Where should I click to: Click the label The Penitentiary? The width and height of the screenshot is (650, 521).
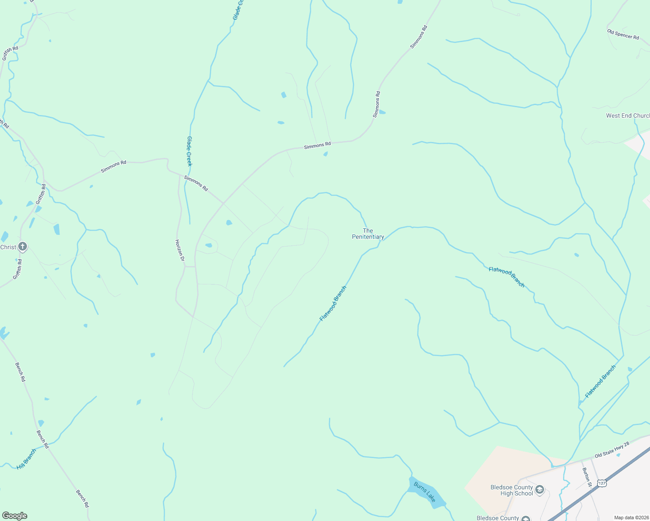point(368,234)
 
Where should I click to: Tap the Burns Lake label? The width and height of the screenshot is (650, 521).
point(424,491)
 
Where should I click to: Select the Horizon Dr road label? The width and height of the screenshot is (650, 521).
point(180,250)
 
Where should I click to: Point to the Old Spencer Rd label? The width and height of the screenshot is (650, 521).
point(623,34)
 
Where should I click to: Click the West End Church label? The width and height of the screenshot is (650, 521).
point(628,115)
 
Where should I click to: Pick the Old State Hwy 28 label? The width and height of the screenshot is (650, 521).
point(612,449)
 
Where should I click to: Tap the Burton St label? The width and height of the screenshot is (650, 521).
point(587,477)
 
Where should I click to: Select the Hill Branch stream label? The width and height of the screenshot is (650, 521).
point(27,459)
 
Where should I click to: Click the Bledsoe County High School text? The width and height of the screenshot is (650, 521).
point(511,490)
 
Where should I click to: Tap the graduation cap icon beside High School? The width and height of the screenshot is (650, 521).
point(540,490)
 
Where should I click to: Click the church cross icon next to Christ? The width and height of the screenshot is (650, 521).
point(23,247)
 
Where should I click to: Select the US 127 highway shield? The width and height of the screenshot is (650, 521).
point(601,483)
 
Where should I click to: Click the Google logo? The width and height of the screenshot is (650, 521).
point(15,516)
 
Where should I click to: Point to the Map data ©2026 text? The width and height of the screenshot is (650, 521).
point(631,518)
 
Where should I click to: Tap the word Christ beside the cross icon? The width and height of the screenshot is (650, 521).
point(8,247)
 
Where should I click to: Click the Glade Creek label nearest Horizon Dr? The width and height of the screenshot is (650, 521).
point(189,151)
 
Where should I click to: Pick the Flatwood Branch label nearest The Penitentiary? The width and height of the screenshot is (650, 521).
point(333,303)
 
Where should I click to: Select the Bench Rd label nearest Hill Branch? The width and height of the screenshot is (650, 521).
point(43,439)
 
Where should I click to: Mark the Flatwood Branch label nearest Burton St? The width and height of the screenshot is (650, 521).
point(600,381)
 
